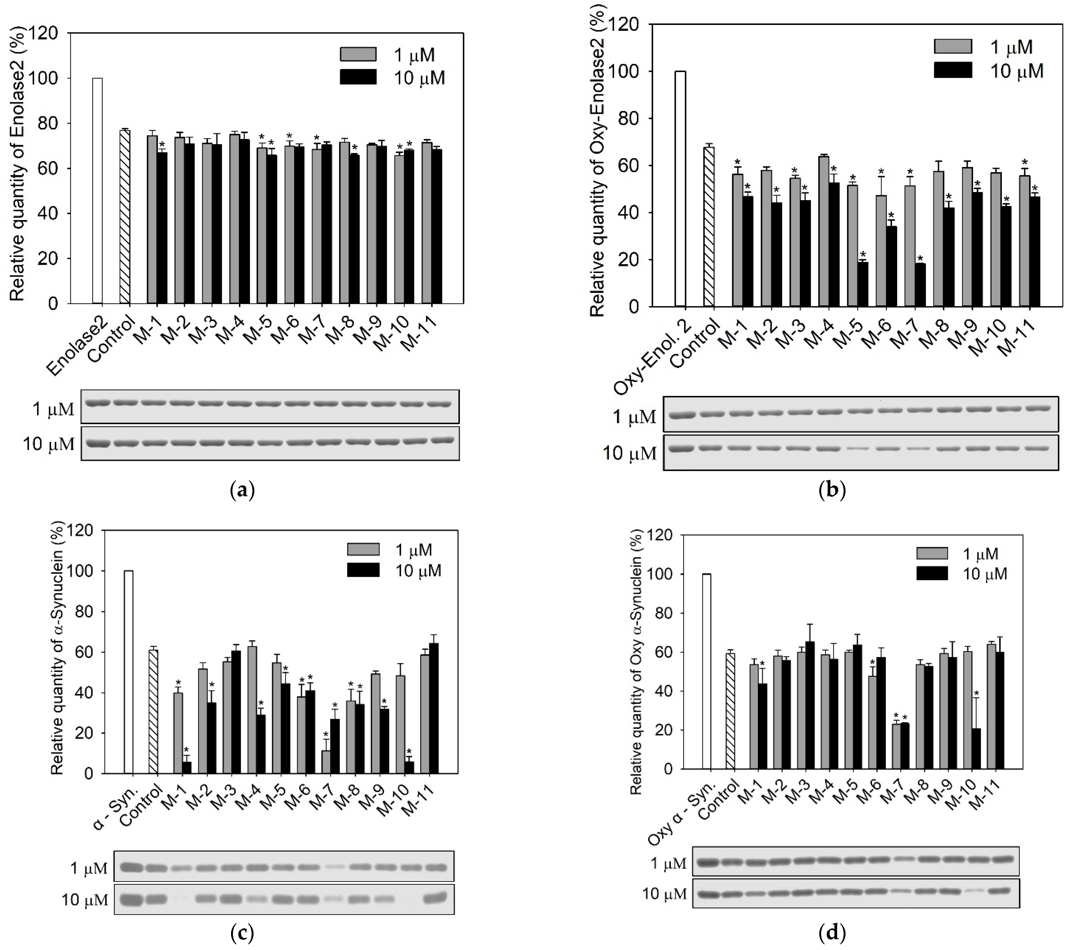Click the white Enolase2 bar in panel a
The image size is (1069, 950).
97,191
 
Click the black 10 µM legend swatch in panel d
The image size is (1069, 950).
932,574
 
